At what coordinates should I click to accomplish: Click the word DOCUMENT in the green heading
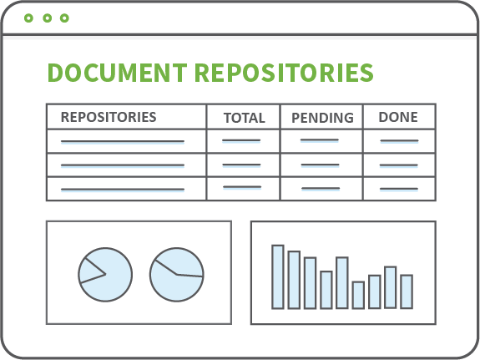pos(117,73)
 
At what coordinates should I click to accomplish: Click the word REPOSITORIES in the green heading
pos(284,73)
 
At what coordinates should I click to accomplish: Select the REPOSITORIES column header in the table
pos(109,117)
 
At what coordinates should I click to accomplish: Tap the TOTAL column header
pos(245,118)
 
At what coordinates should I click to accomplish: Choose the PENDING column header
pos(322,118)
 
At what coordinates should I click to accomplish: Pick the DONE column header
pos(398,117)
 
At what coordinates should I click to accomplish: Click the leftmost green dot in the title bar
pos(28,18)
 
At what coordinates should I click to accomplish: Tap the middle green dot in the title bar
pos(47,18)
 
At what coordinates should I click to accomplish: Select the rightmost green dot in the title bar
pos(64,18)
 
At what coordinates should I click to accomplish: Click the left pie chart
pos(110,285)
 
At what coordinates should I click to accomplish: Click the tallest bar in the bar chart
pos(278,277)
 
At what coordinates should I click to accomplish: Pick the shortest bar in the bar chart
pos(358,295)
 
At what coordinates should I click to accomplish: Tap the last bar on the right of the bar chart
pos(407,292)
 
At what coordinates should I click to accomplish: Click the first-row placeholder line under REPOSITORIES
pos(123,141)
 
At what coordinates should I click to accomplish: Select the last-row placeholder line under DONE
pos(399,189)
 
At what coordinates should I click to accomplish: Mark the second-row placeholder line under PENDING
pos(321,165)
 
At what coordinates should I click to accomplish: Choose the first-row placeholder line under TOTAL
pos(241,141)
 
